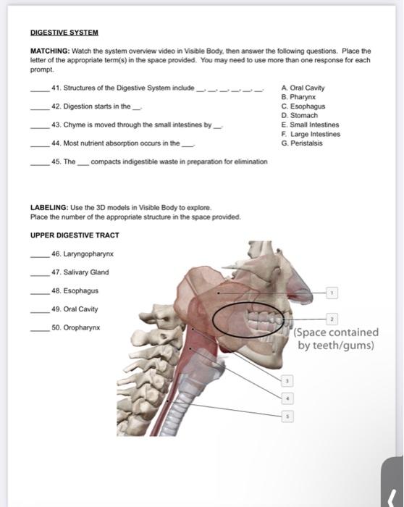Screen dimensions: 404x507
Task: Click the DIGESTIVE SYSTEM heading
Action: [64, 33]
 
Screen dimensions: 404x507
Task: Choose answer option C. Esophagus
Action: [303, 106]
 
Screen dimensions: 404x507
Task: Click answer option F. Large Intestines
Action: [311, 134]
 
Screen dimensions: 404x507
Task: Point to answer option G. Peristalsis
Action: [302, 143]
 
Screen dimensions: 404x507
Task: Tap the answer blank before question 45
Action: [40, 162]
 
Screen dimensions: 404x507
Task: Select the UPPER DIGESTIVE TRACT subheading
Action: [75, 235]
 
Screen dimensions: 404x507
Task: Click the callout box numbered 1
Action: [332, 292]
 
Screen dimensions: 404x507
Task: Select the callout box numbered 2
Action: [332, 319]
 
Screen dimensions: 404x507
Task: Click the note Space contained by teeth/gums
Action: [336, 339]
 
